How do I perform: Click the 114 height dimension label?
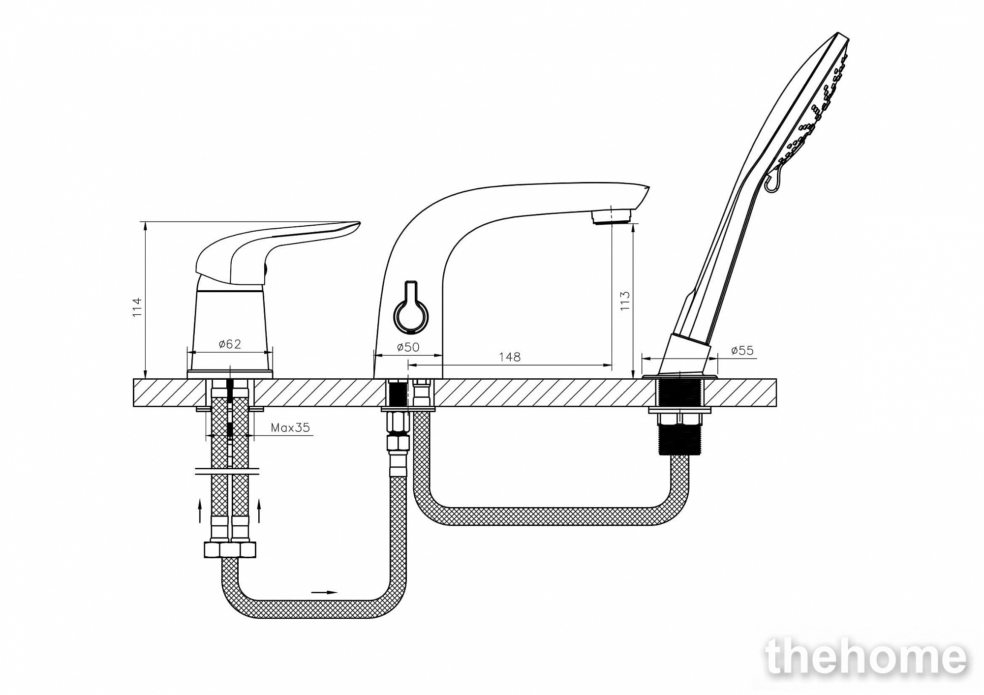[137, 307]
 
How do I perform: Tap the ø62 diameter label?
[230, 344]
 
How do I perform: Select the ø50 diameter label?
[408, 347]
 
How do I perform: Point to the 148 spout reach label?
[510, 357]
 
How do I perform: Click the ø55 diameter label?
[742, 350]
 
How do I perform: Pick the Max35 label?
[290, 427]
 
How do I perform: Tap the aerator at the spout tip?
[612, 216]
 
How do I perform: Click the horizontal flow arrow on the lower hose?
[325, 592]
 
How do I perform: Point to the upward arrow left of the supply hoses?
[200, 510]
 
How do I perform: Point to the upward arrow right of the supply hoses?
[259, 510]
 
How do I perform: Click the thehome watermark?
[866, 657]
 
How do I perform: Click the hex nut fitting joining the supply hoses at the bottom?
[230, 549]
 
